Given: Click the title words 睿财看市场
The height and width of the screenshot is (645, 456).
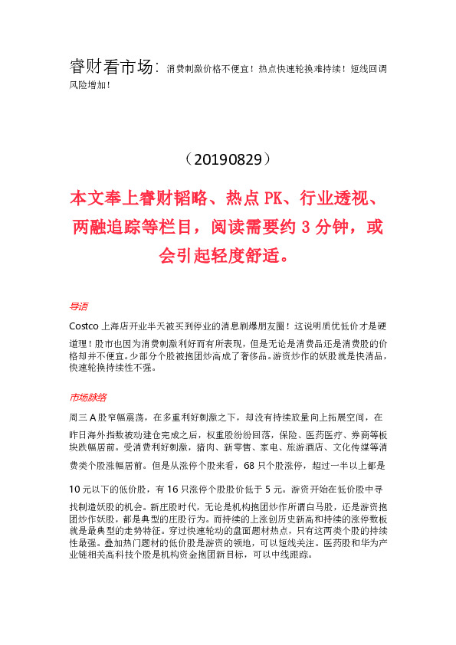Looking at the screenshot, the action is point(112,67).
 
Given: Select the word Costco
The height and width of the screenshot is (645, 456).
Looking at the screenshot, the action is point(84,324).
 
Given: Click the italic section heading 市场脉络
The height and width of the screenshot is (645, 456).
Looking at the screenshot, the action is point(87,398).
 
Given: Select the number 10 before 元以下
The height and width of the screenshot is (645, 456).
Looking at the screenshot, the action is point(75,489).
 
